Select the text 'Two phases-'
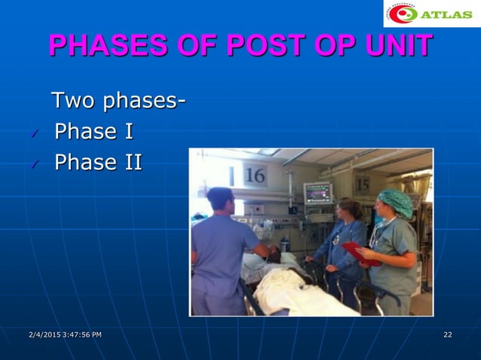point(118,100)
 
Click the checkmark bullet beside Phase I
point(32,134)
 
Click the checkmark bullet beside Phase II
point(32,165)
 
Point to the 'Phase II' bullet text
point(98,163)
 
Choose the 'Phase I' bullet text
point(93,132)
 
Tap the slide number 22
point(448,334)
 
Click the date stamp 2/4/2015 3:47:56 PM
point(64,334)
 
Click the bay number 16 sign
point(255,175)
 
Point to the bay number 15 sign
point(363,184)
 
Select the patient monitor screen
point(317,193)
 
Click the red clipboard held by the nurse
point(360,253)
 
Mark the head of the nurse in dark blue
point(349,209)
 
